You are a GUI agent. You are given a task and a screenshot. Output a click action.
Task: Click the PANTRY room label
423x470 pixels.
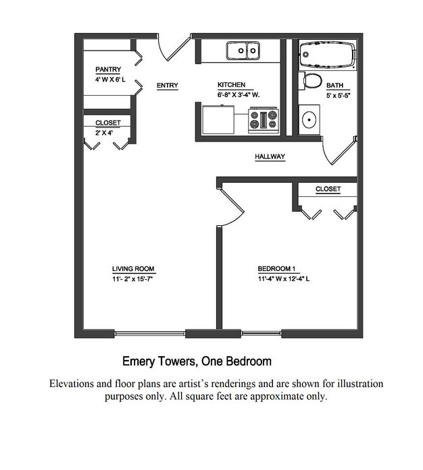pyautogui.click(x=108, y=69)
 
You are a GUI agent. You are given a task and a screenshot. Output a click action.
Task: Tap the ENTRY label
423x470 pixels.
pyautogui.click(x=168, y=86)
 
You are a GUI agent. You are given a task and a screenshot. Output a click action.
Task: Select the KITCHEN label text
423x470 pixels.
pyautogui.click(x=231, y=85)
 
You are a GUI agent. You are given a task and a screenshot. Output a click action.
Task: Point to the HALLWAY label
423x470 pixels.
pyautogui.click(x=270, y=156)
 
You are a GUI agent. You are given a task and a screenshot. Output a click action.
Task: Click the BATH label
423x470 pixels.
pyautogui.click(x=334, y=86)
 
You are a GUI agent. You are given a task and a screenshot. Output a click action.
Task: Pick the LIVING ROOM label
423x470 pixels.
pyautogui.click(x=133, y=269)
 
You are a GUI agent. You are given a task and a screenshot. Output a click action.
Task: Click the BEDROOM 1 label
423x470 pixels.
pyautogui.click(x=276, y=268)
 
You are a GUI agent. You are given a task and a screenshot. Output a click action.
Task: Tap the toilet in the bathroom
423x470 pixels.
pyautogui.click(x=310, y=80)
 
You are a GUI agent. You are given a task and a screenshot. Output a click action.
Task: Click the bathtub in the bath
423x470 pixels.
pyautogui.click(x=328, y=54)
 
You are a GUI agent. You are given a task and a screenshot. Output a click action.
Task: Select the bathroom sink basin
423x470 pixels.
pyautogui.click(x=309, y=119)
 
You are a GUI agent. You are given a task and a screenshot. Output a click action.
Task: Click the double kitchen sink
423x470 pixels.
pyautogui.click(x=243, y=51)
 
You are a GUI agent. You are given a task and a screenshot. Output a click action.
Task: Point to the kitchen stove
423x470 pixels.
pyautogui.click(x=264, y=121)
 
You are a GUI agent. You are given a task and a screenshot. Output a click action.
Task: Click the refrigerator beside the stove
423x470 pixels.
pyautogui.click(x=218, y=119)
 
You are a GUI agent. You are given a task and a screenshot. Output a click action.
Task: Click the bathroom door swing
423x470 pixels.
pyautogui.click(x=325, y=154)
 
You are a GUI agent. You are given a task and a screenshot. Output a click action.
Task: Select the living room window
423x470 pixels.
pyautogui.click(x=149, y=333)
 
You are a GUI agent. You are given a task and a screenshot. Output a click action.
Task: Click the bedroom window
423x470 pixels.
pyautogui.click(x=261, y=333)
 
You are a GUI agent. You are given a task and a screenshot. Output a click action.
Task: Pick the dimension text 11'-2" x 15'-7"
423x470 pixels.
pyautogui.click(x=133, y=279)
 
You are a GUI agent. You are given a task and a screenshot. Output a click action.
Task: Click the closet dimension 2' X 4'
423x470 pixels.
pyautogui.click(x=104, y=133)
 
